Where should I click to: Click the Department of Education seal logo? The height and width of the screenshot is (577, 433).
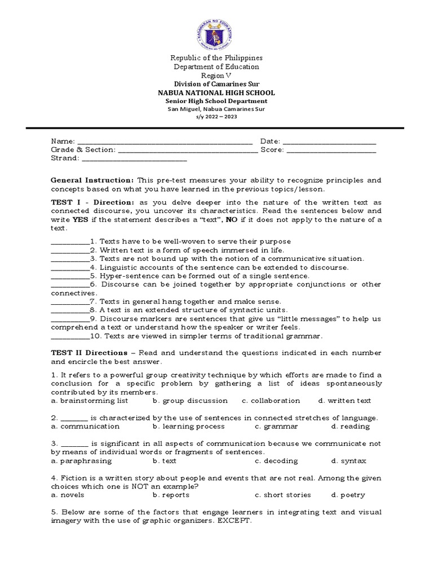(x=216, y=30)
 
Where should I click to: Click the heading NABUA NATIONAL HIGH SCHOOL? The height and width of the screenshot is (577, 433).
(x=216, y=92)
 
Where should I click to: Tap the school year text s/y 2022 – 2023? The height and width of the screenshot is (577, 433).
(x=216, y=117)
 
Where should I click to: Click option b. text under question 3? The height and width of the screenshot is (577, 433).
(x=164, y=461)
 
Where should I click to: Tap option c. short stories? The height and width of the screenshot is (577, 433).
(x=282, y=495)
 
